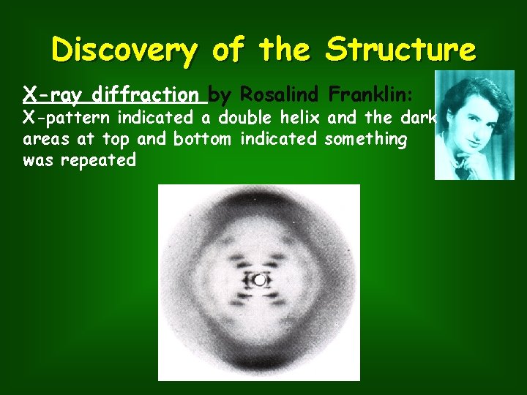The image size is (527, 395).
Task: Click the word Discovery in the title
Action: coord(124,50)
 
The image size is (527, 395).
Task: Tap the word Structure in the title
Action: coord(401,50)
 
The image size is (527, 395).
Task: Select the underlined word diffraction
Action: coord(145,95)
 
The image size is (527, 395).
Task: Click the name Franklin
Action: coord(372,95)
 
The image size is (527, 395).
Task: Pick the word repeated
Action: coord(98,160)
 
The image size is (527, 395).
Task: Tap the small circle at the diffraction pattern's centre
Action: coord(259,280)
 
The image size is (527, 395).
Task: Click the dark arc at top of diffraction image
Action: coord(259,202)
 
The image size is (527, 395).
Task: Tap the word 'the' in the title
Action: coord(285,50)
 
